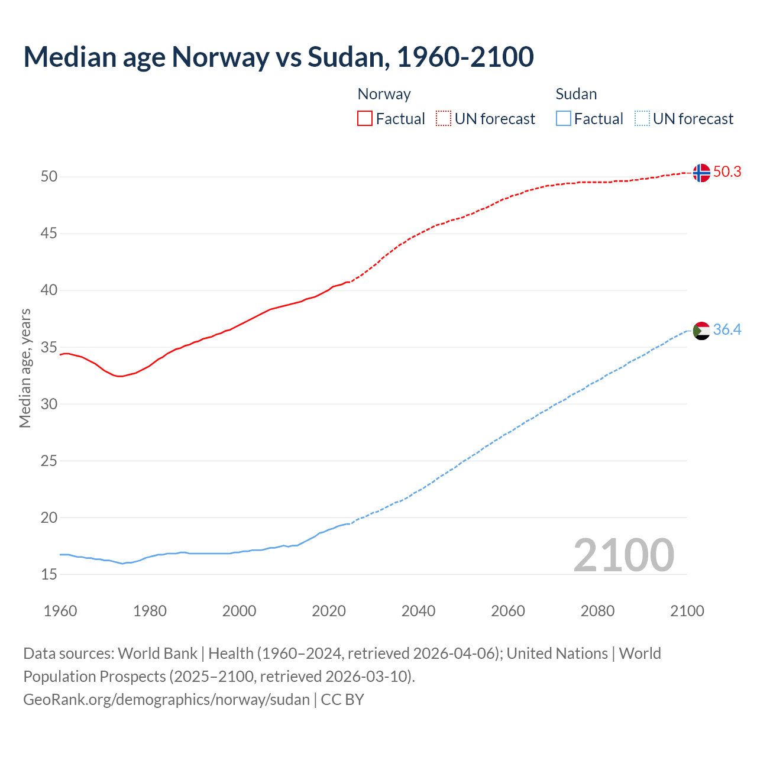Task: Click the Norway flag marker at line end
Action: click(701, 173)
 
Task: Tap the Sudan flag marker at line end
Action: click(701, 331)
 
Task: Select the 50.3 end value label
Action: click(727, 172)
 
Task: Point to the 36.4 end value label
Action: click(727, 329)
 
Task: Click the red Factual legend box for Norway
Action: click(365, 118)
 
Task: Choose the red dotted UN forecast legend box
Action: click(444, 118)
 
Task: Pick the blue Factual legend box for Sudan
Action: click(563, 118)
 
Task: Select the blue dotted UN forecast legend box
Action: click(642, 118)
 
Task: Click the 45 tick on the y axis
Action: click(49, 234)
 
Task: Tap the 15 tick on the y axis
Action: click(49, 574)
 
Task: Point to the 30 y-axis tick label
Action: click(49, 404)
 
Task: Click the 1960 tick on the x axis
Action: click(60, 611)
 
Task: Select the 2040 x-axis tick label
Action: click(418, 611)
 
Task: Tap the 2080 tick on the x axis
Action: click(597, 611)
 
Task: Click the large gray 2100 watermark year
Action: click(623, 555)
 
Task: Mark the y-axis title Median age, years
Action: click(25, 368)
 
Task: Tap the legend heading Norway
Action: click(384, 94)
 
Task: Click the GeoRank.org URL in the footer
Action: click(166, 700)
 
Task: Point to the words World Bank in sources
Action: click(157, 654)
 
